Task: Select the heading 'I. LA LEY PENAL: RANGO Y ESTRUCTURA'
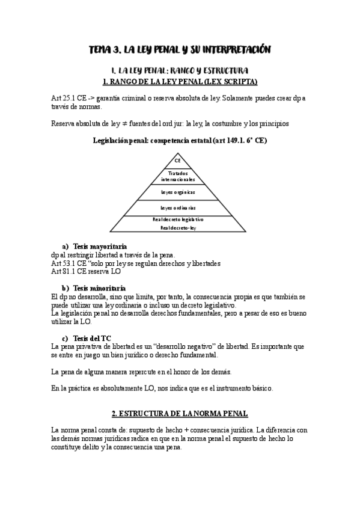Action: click(x=180, y=71)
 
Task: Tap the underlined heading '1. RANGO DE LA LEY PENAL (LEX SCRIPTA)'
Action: click(x=180, y=81)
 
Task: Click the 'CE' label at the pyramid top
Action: click(x=178, y=161)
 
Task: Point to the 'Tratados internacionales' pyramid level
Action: click(x=178, y=176)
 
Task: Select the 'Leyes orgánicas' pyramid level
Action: click(x=178, y=192)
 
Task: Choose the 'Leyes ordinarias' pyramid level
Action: click(x=178, y=207)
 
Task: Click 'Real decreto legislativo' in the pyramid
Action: click(x=178, y=220)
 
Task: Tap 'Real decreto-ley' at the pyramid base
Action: click(x=178, y=229)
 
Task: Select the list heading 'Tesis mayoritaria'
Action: click(x=100, y=247)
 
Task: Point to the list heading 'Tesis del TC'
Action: click(x=91, y=339)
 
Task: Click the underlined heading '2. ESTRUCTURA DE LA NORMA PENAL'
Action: click(x=180, y=414)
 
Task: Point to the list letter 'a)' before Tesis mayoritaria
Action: click(x=66, y=247)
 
